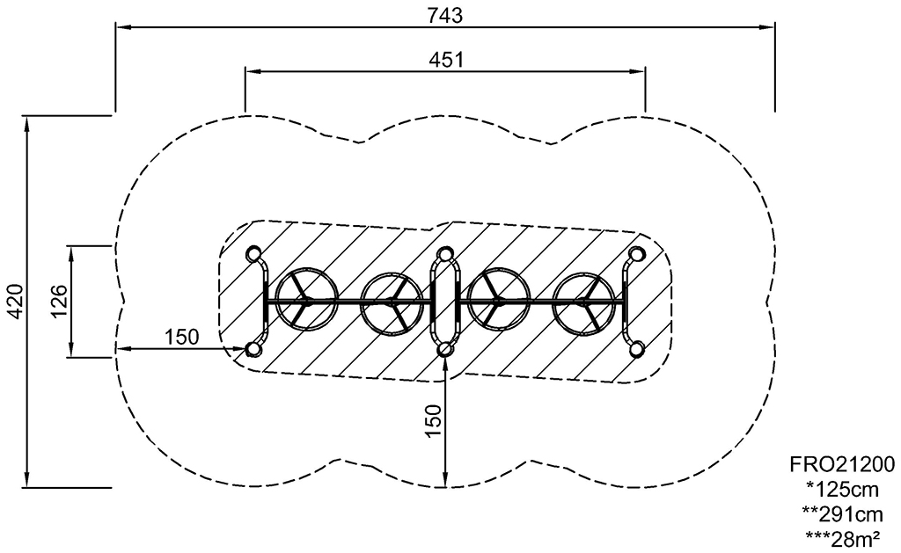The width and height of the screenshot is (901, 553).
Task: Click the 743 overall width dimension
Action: (x=444, y=16)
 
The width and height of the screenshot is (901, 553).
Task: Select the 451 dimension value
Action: (x=446, y=60)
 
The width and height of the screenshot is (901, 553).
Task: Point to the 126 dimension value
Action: (x=59, y=301)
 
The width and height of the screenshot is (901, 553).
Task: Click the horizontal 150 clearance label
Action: (x=181, y=337)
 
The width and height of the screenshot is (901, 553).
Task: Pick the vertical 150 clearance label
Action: (x=435, y=420)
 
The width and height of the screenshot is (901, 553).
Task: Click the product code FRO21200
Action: (x=842, y=463)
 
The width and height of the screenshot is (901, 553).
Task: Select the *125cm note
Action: (x=842, y=489)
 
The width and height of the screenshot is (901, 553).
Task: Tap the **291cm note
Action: (x=842, y=513)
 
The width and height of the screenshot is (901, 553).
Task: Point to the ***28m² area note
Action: (x=842, y=539)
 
